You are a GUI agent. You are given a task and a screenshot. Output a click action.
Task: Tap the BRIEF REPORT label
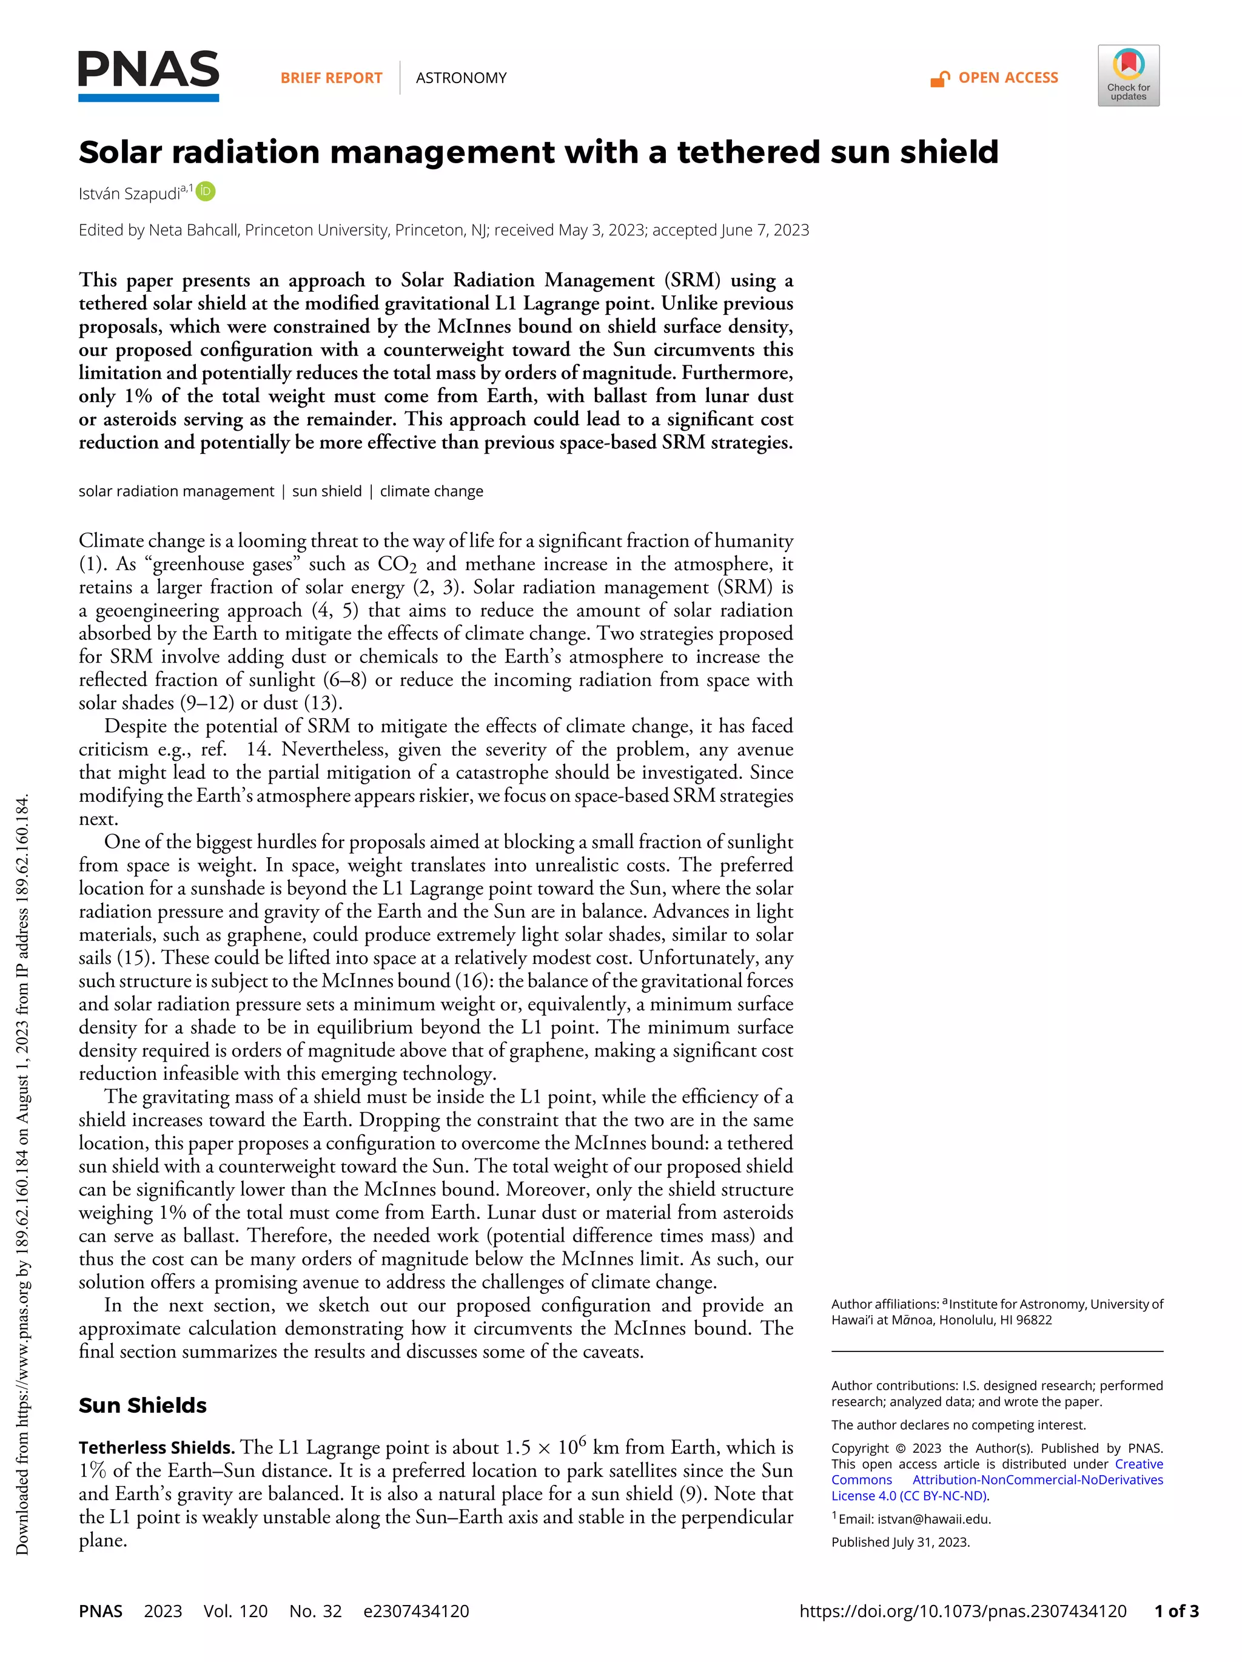coord(331,78)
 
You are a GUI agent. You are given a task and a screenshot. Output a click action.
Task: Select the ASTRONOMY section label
coord(460,78)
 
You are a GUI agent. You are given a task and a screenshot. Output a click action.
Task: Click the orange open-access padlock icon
coord(939,79)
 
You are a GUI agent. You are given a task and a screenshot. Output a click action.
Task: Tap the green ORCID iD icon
coord(206,192)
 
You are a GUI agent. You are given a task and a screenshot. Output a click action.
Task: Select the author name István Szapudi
coord(129,194)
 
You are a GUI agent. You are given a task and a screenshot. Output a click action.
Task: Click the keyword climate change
coord(431,491)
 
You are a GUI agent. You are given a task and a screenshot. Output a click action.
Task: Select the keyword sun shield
coord(326,491)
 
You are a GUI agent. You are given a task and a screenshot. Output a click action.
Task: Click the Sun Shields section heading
coord(143,1405)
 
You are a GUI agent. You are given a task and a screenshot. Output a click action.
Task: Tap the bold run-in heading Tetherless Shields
coord(157,1448)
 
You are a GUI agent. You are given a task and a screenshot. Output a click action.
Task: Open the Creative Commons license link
coord(996,1479)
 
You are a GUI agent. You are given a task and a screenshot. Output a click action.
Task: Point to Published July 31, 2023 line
coord(900,1542)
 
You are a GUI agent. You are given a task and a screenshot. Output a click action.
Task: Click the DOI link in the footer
coord(962,1611)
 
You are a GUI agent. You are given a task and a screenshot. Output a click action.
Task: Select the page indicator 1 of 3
coord(1177,1611)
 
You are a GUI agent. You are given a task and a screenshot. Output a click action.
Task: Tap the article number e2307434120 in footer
coord(416,1611)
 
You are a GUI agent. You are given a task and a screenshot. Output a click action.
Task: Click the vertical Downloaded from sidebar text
coord(22,1172)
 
